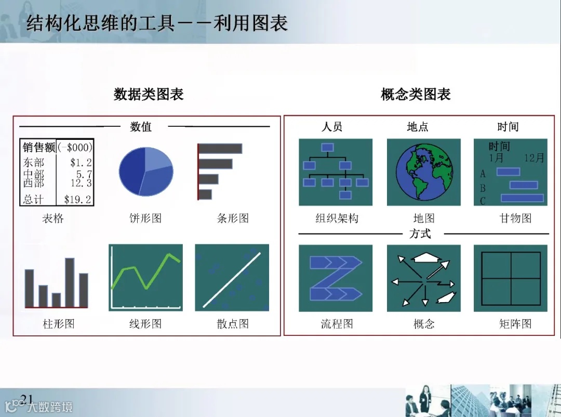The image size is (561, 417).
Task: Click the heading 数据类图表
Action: coord(149,94)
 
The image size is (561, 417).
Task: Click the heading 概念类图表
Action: coord(416,94)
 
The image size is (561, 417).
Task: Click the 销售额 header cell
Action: coord(38,147)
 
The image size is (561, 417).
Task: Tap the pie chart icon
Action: coord(145,171)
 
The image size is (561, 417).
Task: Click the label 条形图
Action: coord(233,218)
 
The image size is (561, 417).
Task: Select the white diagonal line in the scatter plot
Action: coord(232,278)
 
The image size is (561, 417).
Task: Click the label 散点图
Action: coord(233,324)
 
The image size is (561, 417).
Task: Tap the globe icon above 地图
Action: coord(423,172)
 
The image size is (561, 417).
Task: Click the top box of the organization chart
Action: coord(327,148)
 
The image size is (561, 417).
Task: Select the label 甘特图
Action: coord(515,218)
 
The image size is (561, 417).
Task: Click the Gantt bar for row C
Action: coord(522,198)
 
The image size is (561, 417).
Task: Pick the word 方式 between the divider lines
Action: coord(420,234)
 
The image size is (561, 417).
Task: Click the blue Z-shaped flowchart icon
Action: coord(335,278)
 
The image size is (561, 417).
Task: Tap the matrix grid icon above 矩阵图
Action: coord(511,278)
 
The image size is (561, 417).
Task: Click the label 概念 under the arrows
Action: coord(424,324)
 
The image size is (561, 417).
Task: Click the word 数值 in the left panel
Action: coord(141,126)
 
